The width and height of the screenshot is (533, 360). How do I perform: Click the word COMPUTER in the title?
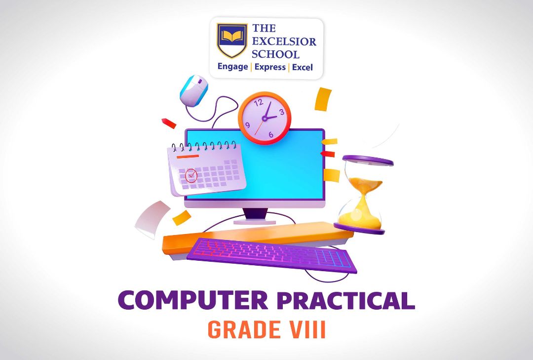(193, 300)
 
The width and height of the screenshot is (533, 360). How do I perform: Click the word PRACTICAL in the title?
(345, 300)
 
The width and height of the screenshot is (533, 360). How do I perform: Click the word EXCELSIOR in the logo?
(284, 41)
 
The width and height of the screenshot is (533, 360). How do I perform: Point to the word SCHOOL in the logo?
(276, 54)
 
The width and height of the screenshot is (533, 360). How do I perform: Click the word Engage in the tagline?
(232, 67)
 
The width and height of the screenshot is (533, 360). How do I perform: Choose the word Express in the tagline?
(270, 67)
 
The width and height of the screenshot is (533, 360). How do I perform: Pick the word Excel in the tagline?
(302, 67)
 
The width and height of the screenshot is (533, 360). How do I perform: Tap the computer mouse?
(194, 90)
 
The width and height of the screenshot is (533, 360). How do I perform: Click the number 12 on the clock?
(259, 102)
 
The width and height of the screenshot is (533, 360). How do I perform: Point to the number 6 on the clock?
(270, 134)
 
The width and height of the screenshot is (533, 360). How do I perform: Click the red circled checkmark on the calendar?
(191, 176)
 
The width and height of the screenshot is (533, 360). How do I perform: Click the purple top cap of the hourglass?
(368, 160)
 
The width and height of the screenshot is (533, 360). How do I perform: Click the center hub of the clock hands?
(265, 119)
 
